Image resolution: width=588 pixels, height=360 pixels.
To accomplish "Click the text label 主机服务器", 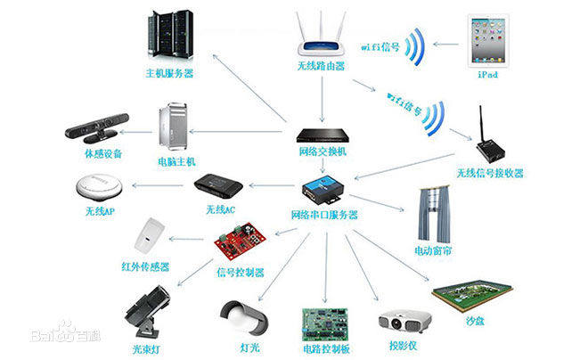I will coord(169,71).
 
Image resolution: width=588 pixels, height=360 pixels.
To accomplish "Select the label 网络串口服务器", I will coord(324,215).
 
